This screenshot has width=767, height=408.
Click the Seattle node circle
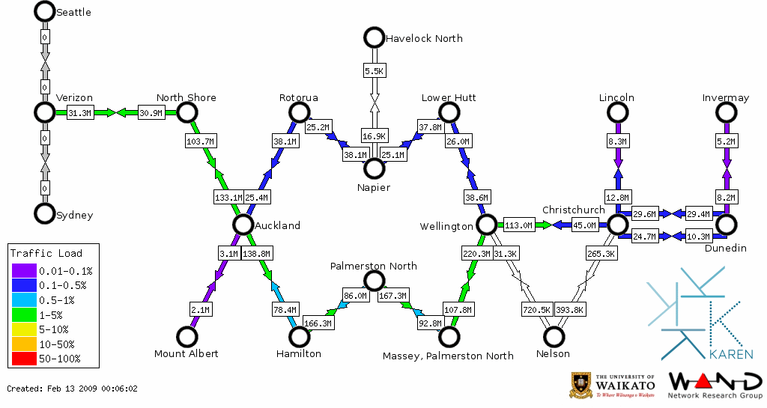(x=44, y=11)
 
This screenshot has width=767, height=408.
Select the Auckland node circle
(x=242, y=225)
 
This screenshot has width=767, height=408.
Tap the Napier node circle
(x=374, y=168)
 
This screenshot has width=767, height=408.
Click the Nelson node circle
(x=554, y=337)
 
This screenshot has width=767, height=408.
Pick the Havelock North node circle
(x=374, y=37)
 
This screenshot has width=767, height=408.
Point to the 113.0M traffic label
(x=518, y=225)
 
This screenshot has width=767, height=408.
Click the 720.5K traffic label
(x=536, y=309)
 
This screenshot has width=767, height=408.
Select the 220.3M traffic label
(x=477, y=254)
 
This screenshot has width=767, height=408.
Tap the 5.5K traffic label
(x=374, y=70)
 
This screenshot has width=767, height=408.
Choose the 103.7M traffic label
(x=200, y=141)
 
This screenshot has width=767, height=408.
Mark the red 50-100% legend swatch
(x=22, y=359)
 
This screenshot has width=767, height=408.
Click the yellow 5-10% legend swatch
(x=22, y=329)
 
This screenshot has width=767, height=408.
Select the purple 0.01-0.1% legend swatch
(x=22, y=270)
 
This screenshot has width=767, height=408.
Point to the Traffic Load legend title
(x=46, y=253)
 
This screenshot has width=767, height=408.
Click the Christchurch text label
(x=573, y=210)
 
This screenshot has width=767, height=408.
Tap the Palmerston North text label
(x=374, y=266)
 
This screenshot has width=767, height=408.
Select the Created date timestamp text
(x=73, y=389)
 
